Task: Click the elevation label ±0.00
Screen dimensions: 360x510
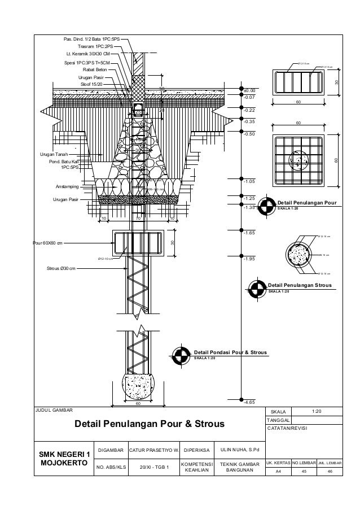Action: [x=249, y=90]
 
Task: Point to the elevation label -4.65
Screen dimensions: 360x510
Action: [x=249, y=402]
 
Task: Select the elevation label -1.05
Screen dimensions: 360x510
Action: [x=249, y=182]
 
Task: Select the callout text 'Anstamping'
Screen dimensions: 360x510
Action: [x=67, y=186]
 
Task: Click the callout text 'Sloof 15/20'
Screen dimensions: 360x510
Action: [x=93, y=84]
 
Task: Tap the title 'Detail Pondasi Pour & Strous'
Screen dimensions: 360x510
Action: [x=230, y=352]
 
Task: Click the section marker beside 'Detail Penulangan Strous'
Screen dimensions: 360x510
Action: [x=257, y=288]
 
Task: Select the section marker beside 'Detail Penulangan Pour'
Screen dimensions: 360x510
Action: [x=267, y=204]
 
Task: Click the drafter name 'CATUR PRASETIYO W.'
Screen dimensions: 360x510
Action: [x=153, y=450]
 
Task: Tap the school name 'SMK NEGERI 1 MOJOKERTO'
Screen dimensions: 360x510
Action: [x=63, y=459]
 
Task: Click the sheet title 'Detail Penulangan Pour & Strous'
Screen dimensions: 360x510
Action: [x=150, y=424]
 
